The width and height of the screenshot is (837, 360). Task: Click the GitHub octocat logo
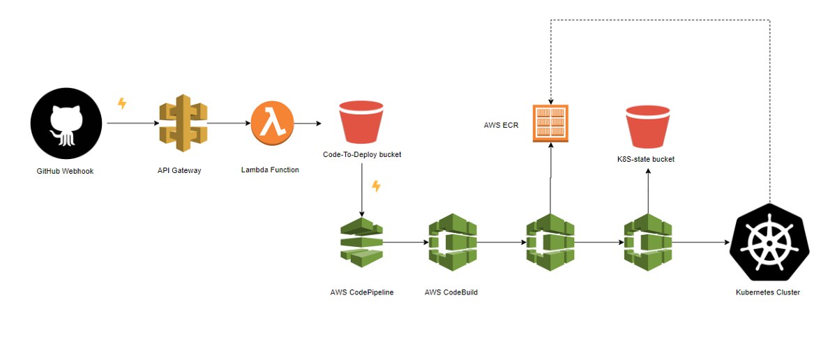pyautogui.click(x=66, y=123)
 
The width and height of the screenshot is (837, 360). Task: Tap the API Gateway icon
pyautogui.click(x=183, y=123)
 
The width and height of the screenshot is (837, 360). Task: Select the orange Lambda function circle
pyautogui.click(x=273, y=123)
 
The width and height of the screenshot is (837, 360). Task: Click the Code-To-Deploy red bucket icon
pyautogui.click(x=361, y=122)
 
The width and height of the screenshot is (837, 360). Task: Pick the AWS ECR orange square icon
pyautogui.click(x=550, y=123)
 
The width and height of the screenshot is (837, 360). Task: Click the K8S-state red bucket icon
pyautogui.click(x=648, y=127)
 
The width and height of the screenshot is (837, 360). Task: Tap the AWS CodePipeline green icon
pyautogui.click(x=362, y=242)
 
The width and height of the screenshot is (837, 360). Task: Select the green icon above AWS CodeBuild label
pyautogui.click(x=453, y=242)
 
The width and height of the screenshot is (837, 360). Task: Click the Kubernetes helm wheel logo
pyautogui.click(x=769, y=242)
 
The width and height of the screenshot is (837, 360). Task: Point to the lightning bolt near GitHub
pyautogui.click(x=122, y=103)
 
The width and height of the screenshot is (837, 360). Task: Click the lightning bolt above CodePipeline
pyautogui.click(x=376, y=186)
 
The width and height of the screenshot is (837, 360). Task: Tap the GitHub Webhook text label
pyautogui.click(x=65, y=171)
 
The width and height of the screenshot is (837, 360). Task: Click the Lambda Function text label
pyautogui.click(x=270, y=170)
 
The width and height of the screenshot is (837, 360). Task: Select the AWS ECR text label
pyautogui.click(x=501, y=126)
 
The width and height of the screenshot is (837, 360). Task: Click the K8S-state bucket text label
pyautogui.click(x=646, y=159)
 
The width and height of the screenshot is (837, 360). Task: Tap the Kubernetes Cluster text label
pyautogui.click(x=768, y=292)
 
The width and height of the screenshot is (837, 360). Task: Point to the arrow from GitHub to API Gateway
pyautogui.click(x=133, y=123)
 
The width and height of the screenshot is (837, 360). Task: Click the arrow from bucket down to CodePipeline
pyautogui.click(x=362, y=190)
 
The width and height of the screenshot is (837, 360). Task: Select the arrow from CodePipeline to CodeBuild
pyautogui.click(x=406, y=242)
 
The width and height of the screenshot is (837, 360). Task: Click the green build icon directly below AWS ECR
pyautogui.click(x=550, y=242)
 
